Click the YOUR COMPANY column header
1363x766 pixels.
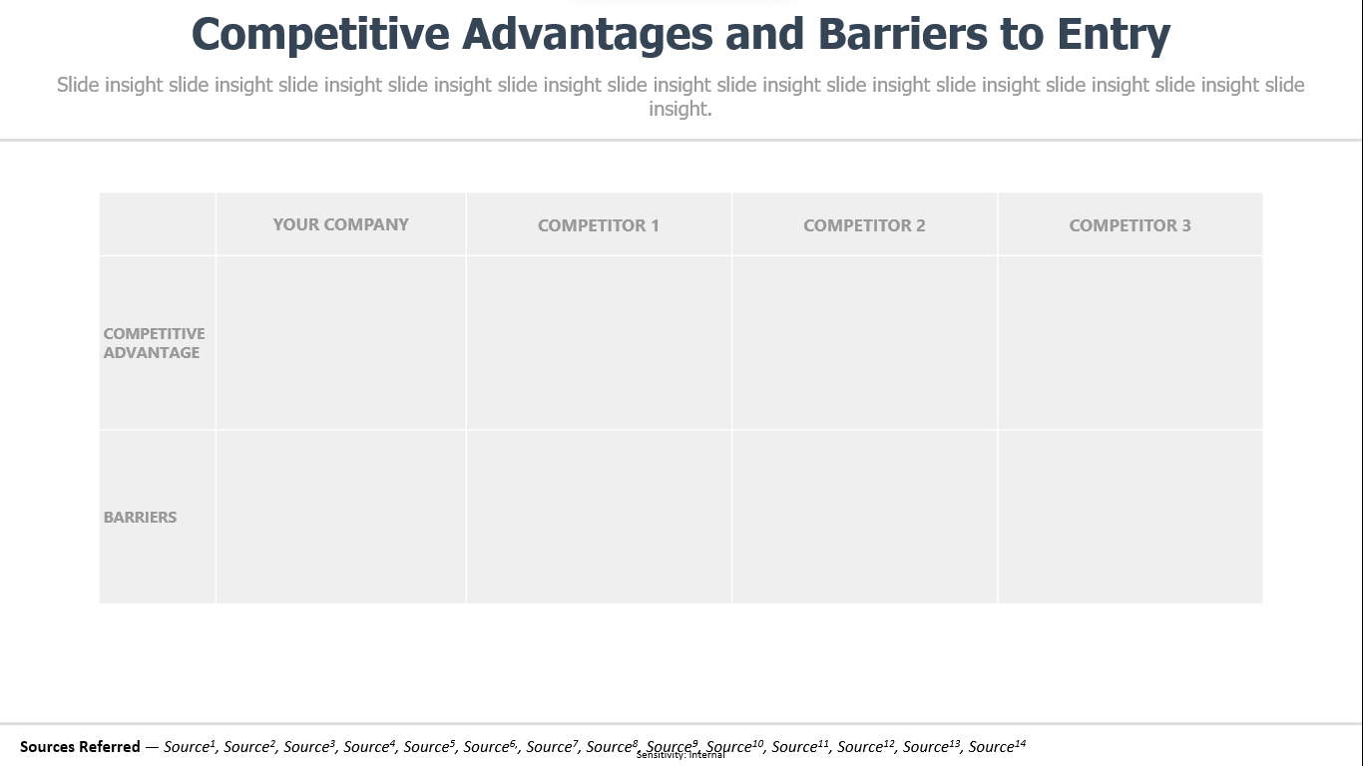pyautogui.click(x=340, y=224)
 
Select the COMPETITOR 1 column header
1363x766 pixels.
pyautogui.click(x=598, y=225)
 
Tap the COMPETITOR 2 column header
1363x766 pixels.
pyautogui.click(x=864, y=225)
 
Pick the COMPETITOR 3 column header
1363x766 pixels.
pyautogui.click(x=1130, y=225)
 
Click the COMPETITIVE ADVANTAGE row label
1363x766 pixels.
pyautogui.click(x=154, y=343)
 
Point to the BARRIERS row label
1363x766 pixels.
pyautogui.click(x=140, y=518)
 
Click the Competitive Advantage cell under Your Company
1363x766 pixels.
pyautogui.click(x=341, y=343)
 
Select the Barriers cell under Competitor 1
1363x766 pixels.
pyautogui.click(x=599, y=518)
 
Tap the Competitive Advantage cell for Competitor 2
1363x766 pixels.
pyautogui.click(x=865, y=343)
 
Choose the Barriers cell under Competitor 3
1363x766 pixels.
pyautogui.click(x=1131, y=518)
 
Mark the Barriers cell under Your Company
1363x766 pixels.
pyautogui.click(x=341, y=518)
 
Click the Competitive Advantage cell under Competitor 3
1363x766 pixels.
pyautogui.click(x=1131, y=343)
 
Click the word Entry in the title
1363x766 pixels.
pyautogui.click(x=1114, y=35)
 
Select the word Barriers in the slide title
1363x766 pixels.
pyautogui.click(x=902, y=34)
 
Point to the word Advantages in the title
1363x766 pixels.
pyautogui.click(x=587, y=35)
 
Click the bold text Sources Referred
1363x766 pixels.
pyautogui.click(x=80, y=746)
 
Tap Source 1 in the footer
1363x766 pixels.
pyautogui.click(x=190, y=746)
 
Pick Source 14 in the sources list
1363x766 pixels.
pyautogui.click(x=997, y=746)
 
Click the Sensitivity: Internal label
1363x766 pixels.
pyautogui.click(x=681, y=755)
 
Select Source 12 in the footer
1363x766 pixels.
pyautogui.click(x=865, y=746)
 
